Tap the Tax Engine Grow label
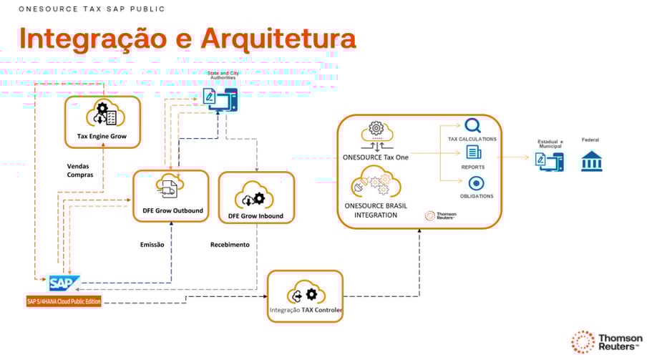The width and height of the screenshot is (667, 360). click(102, 135)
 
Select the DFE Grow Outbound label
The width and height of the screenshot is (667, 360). click(171, 210)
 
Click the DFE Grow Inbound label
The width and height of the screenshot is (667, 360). click(255, 215)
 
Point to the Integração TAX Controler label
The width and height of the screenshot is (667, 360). click(306, 311)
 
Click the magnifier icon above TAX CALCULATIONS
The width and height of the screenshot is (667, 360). click(472, 126)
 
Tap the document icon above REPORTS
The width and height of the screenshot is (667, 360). click(473, 152)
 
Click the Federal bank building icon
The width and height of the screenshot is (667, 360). click(591, 160)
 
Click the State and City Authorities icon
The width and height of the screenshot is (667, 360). click(219, 99)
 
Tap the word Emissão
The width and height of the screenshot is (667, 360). click(152, 245)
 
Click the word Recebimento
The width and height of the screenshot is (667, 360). click(230, 245)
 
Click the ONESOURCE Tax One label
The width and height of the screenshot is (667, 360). click(376, 157)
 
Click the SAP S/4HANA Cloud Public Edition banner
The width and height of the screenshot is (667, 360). click(64, 301)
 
